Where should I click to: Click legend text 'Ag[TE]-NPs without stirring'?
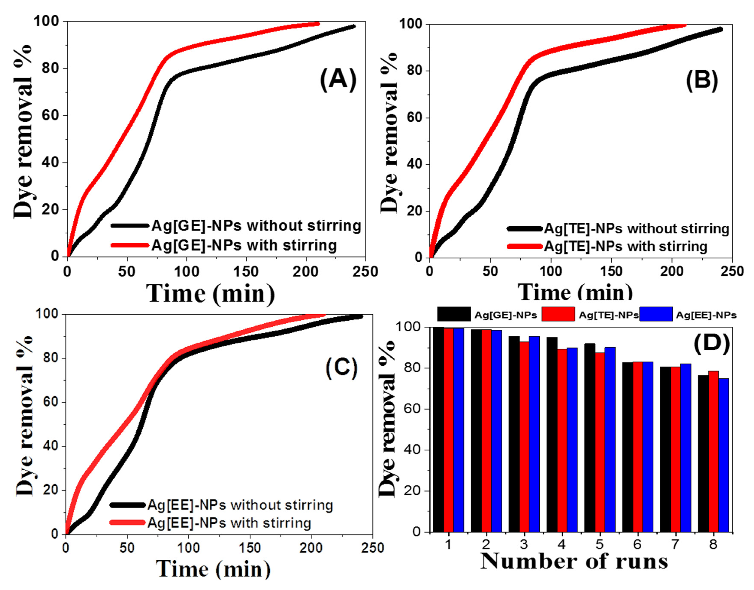click(x=636, y=229)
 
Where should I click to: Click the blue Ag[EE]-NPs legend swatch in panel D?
click(x=656, y=314)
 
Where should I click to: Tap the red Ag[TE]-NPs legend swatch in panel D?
click(x=558, y=314)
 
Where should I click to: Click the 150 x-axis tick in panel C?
click(x=249, y=548)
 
